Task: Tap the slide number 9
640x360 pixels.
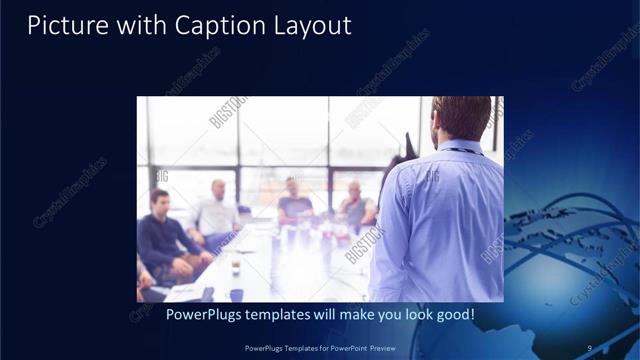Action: point(590,348)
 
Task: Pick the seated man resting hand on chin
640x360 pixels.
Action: point(355,204)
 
